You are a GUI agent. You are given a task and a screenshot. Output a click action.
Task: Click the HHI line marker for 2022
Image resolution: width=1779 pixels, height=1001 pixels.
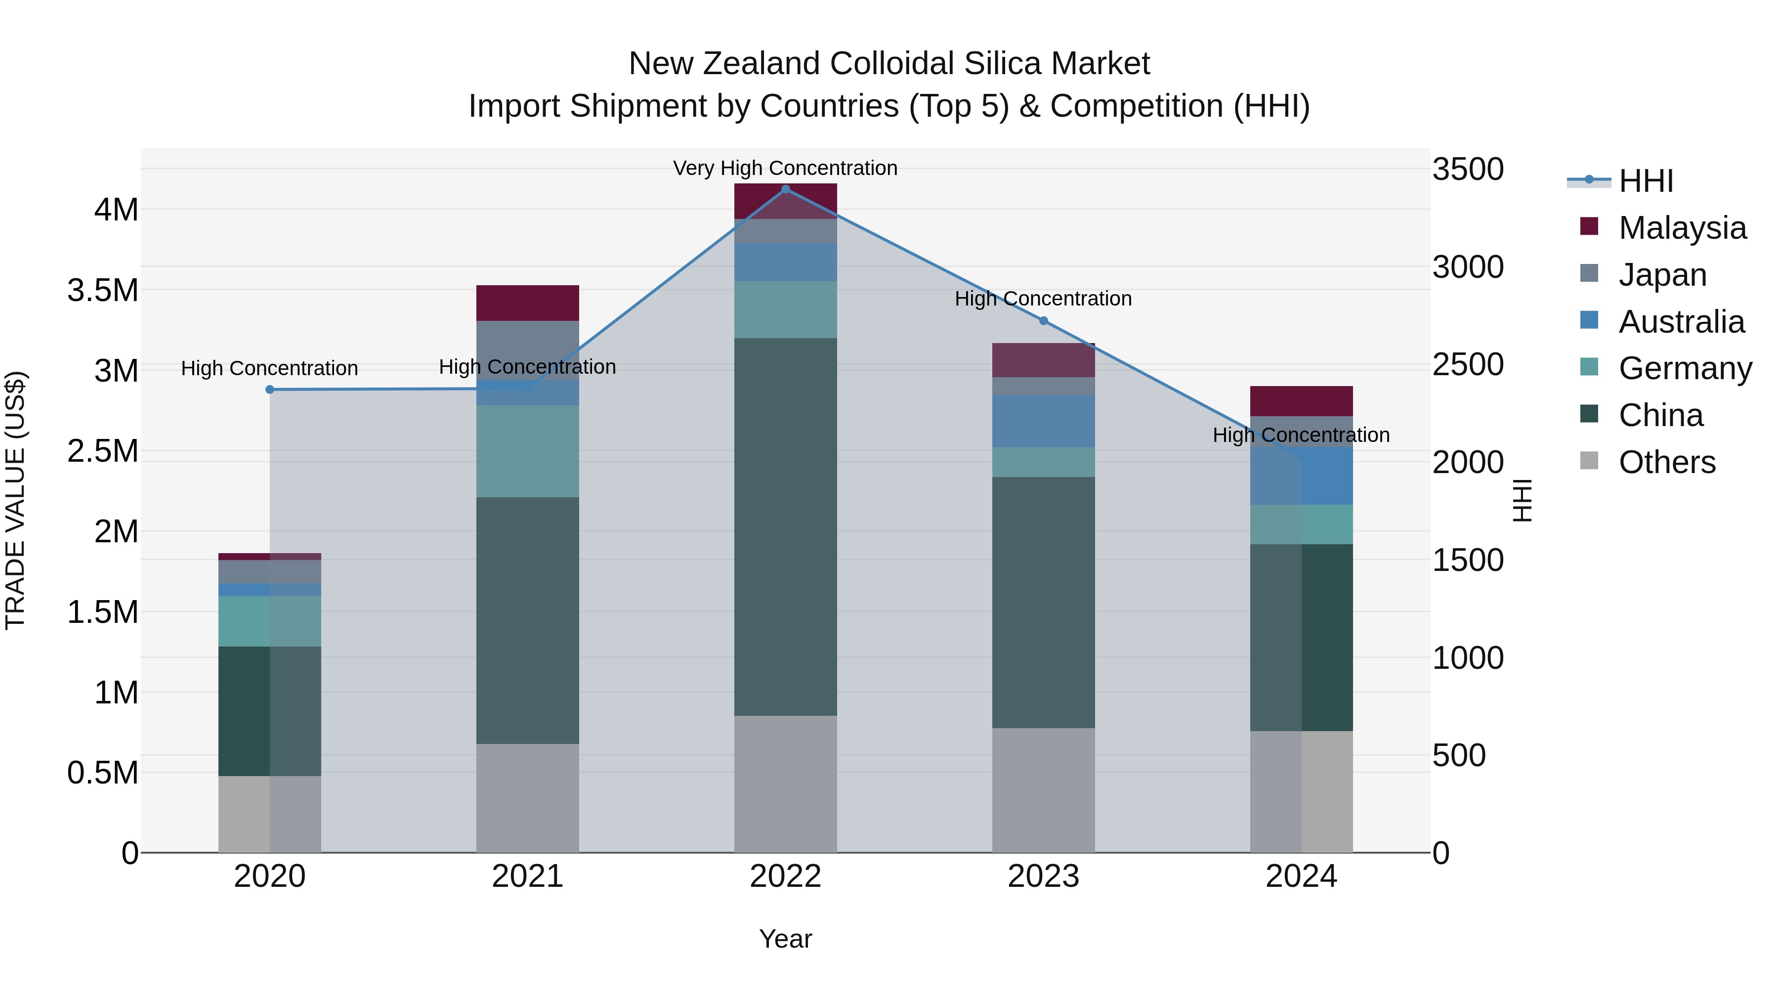[785, 189]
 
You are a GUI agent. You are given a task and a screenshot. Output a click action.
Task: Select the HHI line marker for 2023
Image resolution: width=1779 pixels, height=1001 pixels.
[1044, 320]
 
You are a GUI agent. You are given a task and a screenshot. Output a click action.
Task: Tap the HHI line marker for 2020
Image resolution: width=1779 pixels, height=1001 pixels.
[270, 390]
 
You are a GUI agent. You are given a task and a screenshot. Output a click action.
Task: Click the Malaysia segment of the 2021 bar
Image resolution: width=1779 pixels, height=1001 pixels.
[528, 303]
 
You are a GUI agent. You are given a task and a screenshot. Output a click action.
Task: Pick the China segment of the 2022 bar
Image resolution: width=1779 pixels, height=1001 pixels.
[785, 526]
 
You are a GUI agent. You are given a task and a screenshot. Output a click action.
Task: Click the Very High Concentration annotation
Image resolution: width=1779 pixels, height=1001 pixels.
[785, 168]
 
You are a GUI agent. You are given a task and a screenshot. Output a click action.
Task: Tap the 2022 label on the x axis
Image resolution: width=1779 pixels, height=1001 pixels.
[785, 876]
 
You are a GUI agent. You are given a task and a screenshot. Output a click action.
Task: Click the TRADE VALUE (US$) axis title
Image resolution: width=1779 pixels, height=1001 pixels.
[15, 500]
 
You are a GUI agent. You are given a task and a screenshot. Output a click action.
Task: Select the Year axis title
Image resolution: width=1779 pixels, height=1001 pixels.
[785, 939]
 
